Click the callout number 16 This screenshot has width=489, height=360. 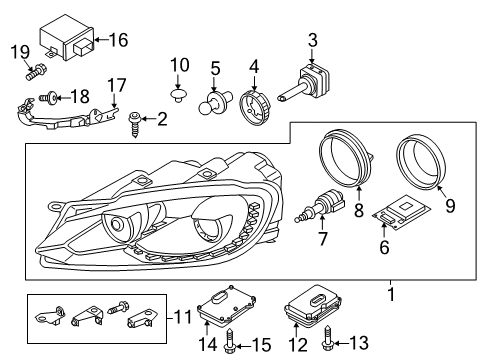(118, 40)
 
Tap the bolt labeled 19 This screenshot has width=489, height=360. (36, 72)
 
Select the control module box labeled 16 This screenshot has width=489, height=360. (67, 37)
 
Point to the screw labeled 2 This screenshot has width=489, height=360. (135, 124)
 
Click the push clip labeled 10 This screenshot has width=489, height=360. (177, 95)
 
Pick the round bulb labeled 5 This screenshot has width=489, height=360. (212, 102)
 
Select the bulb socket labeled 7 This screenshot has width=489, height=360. (319, 206)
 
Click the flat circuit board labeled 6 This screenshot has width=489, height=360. (401, 212)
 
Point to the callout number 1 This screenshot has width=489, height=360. (391, 295)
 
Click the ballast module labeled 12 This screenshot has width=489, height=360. (313, 305)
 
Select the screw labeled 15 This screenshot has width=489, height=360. (230, 341)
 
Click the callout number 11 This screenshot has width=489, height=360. (184, 317)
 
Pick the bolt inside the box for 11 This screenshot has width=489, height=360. (118, 307)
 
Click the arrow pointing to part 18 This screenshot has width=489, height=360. (64, 98)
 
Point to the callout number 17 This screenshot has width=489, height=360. (117, 85)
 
